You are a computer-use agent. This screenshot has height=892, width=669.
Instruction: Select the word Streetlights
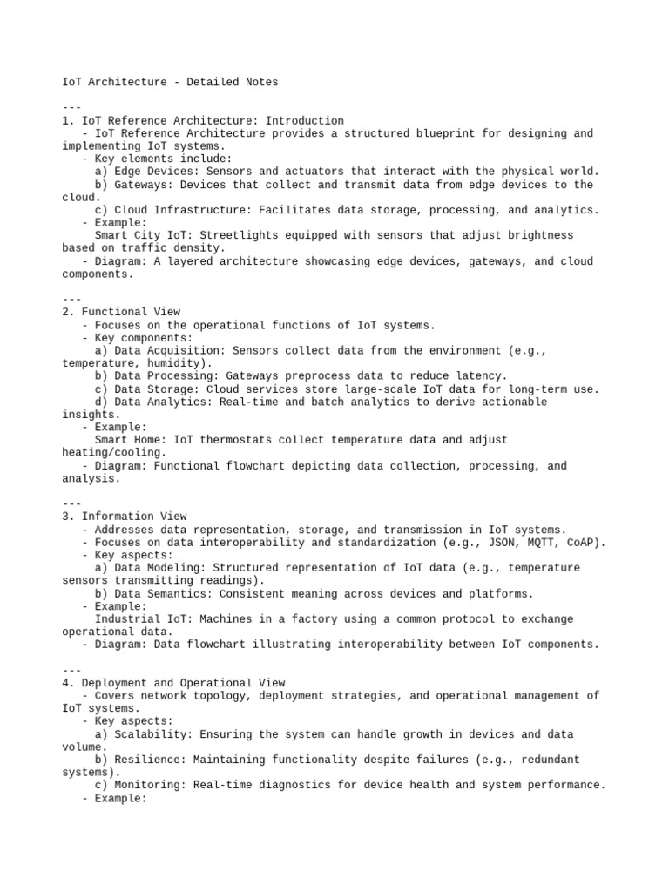click(234, 235)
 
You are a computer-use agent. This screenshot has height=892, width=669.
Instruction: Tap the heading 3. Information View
click(125, 517)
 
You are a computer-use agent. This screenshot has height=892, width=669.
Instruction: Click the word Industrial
click(127, 619)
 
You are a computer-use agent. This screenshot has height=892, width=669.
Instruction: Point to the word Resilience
click(146, 760)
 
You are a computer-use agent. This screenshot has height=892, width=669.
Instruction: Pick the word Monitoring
click(146, 785)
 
